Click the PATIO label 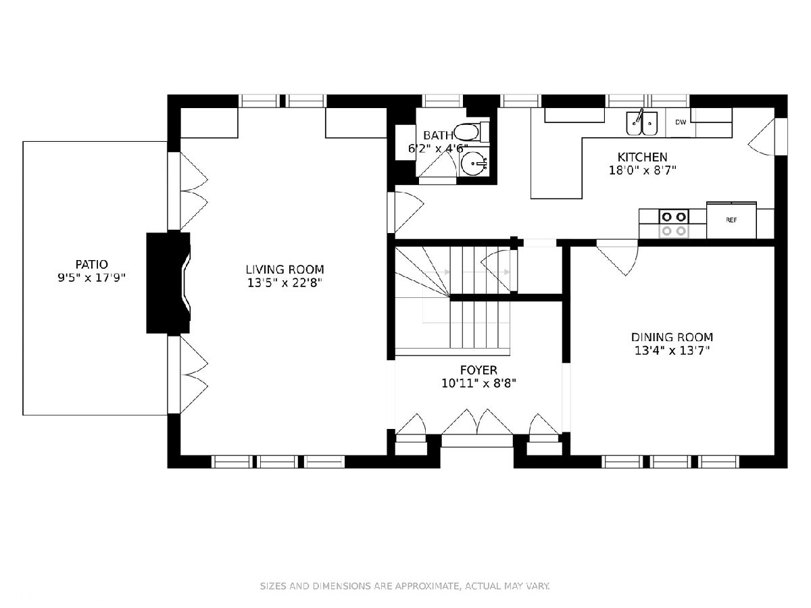(x=92, y=264)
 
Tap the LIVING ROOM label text (x=285, y=269)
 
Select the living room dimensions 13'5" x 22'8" (x=285, y=283)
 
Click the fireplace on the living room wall (x=168, y=283)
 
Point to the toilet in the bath (x=472, y=132)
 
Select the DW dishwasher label (x=681, y=122)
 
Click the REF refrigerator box (x=731, y=220)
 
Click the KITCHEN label (x=642, y=157)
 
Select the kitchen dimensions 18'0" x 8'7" (x=643, y=170)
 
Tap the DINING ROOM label (x=672, y=337)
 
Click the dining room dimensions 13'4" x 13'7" (x=672, y=351)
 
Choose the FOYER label (x=478, y=370)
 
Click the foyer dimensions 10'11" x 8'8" (x=478, y=384)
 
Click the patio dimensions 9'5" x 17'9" (x=92, y=278)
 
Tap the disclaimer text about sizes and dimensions (x=405, y=586)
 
